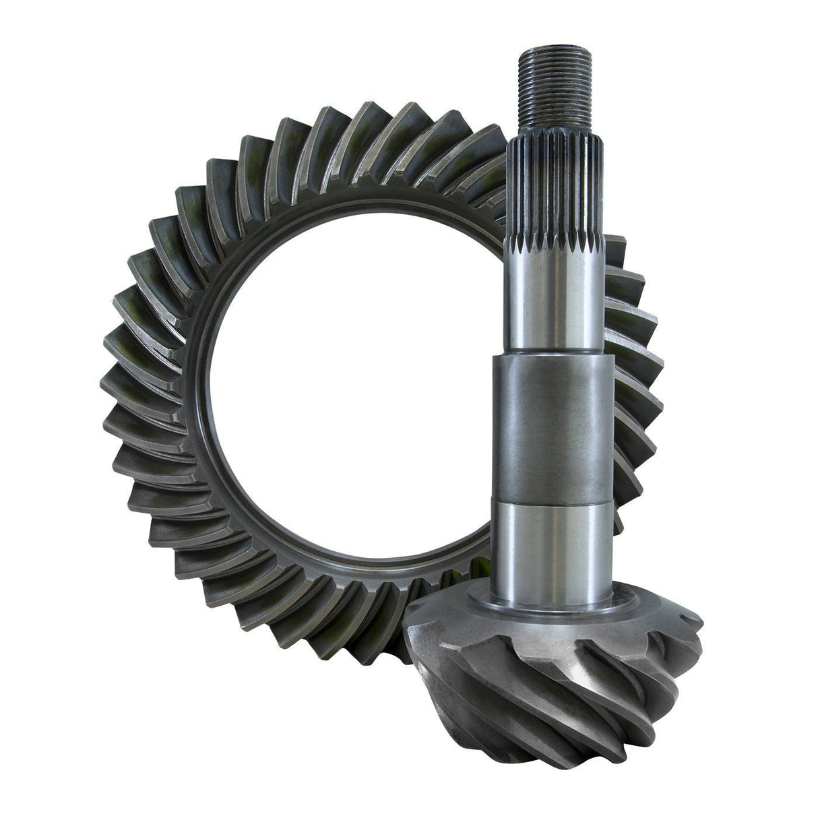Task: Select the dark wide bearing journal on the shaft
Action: click(x=548, y=424)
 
